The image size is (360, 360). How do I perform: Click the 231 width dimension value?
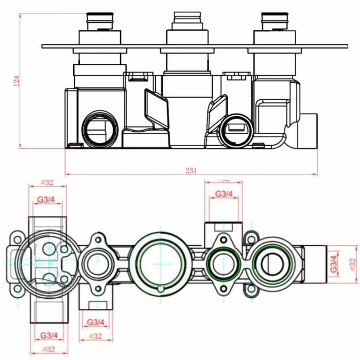tap(191, 171)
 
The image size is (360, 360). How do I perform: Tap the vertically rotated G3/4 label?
tap(333, 263)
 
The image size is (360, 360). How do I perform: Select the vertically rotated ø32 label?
tap(352, 263)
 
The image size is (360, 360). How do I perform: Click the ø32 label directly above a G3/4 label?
tap(49, 182)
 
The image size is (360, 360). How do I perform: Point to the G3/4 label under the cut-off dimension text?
tap(223, 194)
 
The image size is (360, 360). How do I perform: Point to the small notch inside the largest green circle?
tap(160, 289)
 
